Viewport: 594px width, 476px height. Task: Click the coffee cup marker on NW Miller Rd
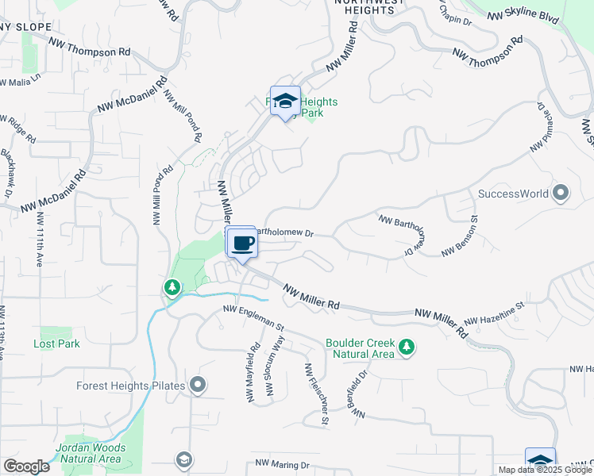pyautogui.click(x=243, y=243)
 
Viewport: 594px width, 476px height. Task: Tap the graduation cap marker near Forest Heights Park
pyautogui.click(x=285, y=102)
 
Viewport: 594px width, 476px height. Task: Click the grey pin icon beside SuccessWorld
pyautogui.click(x=561, y=193)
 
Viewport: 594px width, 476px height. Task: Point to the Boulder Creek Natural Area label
pyautogui.click(x=360, y=348)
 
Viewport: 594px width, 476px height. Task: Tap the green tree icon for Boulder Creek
pyautogui.click(x=407, y=347)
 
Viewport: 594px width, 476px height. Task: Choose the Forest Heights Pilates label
pyautogui.click(x=131, y=386)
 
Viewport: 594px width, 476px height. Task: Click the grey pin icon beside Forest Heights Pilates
pyautogui.click(x=198, y=386)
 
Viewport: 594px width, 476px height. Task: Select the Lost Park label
pyautogui.click(x=56, y=344)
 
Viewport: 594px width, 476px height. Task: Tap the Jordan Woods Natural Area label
pyautogui.click(x=90, y=453)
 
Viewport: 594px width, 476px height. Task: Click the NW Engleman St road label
pyautogui.click(x=253, y=317)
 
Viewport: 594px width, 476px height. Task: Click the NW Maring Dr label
pyautogui.click(x=282, y=464)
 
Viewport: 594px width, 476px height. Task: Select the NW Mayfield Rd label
pyautogui.click(x=253, y=372)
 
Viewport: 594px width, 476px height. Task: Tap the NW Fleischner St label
pyautogui.click(x=315, y=395)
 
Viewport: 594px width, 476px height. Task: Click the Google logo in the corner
pyautogui.click(x=26, y=466)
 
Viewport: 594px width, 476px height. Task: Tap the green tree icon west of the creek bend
pyautogui.click(x=170, y=287)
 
